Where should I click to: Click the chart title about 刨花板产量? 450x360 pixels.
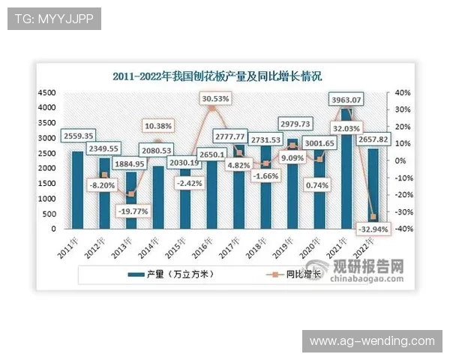[x=217, y=76]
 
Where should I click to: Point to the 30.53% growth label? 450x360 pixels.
[x=217, y=98]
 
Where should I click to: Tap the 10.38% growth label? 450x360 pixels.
[x=157, y=125]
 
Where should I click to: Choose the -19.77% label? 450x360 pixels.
[x=132, y=211]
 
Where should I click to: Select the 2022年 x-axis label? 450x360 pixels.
[x=365, y=247]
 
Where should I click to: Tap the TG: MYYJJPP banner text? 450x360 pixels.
[x=54, y=19]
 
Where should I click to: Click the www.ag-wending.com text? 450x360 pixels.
[x=372, y=341]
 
